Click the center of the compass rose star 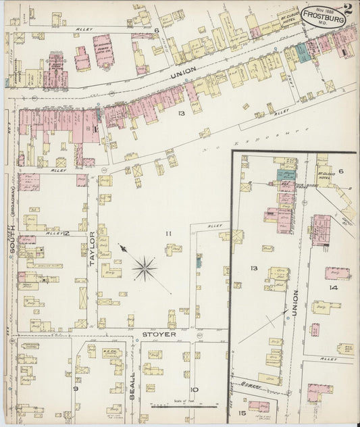point(144,268)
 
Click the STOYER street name point(159,334)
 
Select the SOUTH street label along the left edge point(11,250)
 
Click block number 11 point(169,234)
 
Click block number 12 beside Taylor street point(66,234)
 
